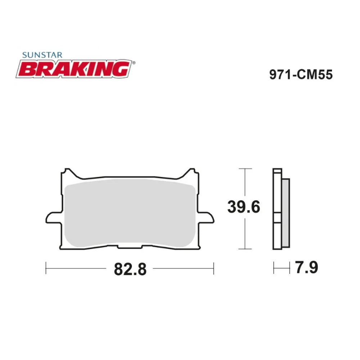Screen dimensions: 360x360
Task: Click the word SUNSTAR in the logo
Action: [42, 55]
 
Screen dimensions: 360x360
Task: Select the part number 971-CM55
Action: [301, 75]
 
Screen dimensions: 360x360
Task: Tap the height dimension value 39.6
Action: [244, 208]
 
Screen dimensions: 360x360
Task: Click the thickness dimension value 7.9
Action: [306, 268]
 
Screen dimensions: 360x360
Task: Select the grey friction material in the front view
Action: [130, 214]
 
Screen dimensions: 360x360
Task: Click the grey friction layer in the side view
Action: [285, 214]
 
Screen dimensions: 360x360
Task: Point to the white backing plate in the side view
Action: [277, 209]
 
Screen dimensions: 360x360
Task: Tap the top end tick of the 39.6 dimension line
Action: [245, 168]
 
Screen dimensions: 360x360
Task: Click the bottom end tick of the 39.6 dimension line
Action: [245, 249]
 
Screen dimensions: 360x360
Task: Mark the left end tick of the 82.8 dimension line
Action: [46, 268]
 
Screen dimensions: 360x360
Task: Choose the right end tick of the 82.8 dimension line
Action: [213, 268]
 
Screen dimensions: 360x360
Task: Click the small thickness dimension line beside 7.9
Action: [282, 268]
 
